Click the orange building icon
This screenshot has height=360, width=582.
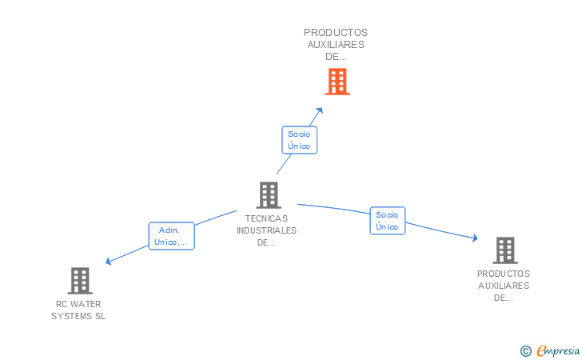[x=337, y=82]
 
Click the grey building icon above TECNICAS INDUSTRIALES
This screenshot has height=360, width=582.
[x=269, y=194]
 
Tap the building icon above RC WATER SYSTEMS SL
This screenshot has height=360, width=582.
[x=79, y=280]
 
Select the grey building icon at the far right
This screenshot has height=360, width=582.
[x=504, y=250]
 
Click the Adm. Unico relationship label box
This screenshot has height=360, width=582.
[x=172, y=235]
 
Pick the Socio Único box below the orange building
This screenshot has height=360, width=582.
[x=300, y=140]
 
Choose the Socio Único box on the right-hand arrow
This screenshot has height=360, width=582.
[x=387, y=221]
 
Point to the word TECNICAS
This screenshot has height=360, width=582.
[x=266, y=218]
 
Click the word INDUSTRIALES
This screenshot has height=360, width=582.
[x=266, y=230]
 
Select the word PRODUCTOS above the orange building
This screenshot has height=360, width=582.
[x=336, y=33]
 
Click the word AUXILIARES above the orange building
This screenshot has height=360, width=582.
[x=336, y=45]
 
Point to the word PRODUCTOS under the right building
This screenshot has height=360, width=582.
[x=504, y=274]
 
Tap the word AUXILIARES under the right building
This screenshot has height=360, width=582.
[x=504, y=286]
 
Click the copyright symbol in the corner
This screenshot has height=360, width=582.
[x=525, y=350]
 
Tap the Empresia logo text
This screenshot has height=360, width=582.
[x=558, y=350]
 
